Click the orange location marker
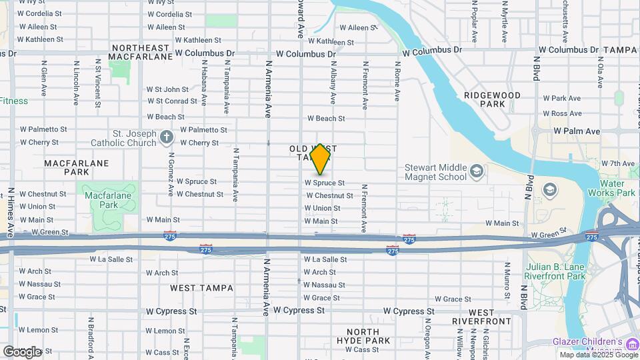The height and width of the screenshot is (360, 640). pyautogui.click(x=321, y=159)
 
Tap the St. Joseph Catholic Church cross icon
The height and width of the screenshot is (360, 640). pyautogui.click(x=166, y=137)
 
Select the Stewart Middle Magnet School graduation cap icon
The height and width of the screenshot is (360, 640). pyautogui.click(x=477, y=172)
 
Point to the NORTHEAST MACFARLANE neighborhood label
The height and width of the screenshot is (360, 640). pyautogui.click(x=142, y=52)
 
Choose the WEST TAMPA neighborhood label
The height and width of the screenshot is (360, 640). pyautogui.click(x=201, y=288)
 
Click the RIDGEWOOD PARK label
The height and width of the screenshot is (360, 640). pyautogui.click(x=492, y=100)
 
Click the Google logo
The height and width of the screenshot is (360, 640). pyautogui.click(x=22, y=351)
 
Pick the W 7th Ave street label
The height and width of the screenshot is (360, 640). pyautogui.click(x=617, y=163)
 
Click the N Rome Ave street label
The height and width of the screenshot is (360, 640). pyautogui.click(x=397, y=81)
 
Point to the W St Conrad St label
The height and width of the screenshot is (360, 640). pyautogui.click(x=171, y=101)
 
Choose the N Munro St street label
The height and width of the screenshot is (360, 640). pyautogui.click(x=507, y=280)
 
